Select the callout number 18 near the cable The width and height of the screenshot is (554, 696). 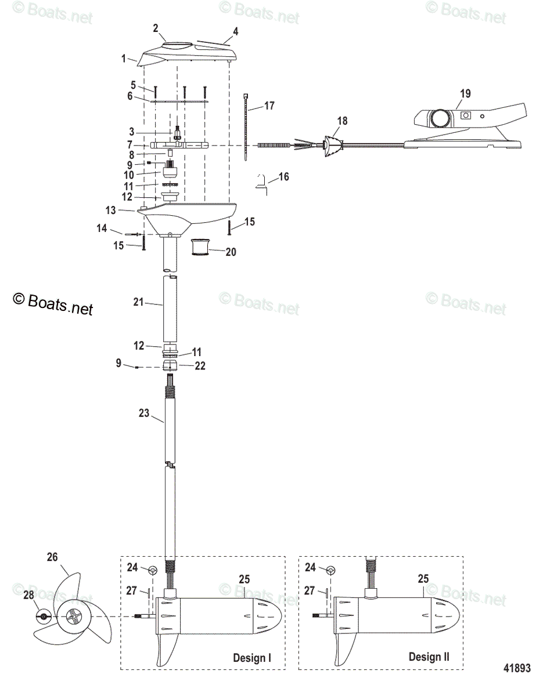click(x=342, y=121)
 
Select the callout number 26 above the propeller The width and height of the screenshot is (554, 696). click(x=53, y=557)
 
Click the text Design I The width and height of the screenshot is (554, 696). click(x=252, y=658)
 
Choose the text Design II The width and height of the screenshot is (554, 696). click(x=429, y=657)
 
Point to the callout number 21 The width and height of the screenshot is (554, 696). click(x=137, y=303)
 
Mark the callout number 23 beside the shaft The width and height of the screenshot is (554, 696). click(x=144, y=414)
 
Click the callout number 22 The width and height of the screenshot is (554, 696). click(x=200, y=366)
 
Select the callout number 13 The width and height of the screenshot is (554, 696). click(x=127, y=209)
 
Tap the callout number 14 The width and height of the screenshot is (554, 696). click(x=102, y=229)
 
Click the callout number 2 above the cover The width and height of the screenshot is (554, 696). click(x=156, y=28)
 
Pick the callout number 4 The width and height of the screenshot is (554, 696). click(x=235, y=31)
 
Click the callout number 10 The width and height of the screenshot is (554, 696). click(x=128, y=174)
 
